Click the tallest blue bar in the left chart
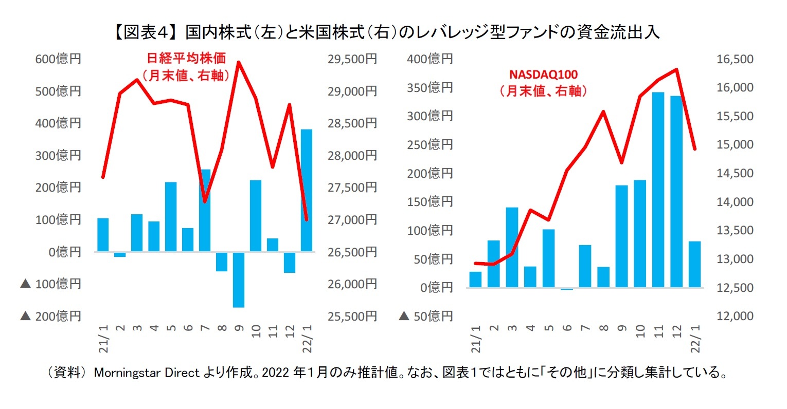[306, 190]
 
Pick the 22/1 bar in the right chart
[694, 264]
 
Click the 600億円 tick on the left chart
[58, 59]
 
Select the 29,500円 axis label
[352, 59]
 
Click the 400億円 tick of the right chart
[430, 59]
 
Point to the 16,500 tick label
[735, 59]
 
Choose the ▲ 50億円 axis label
[426, 316]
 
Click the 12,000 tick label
[735, 316]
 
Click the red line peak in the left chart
[238, 62]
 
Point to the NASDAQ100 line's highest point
[676, 69]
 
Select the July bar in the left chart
[205, 210]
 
